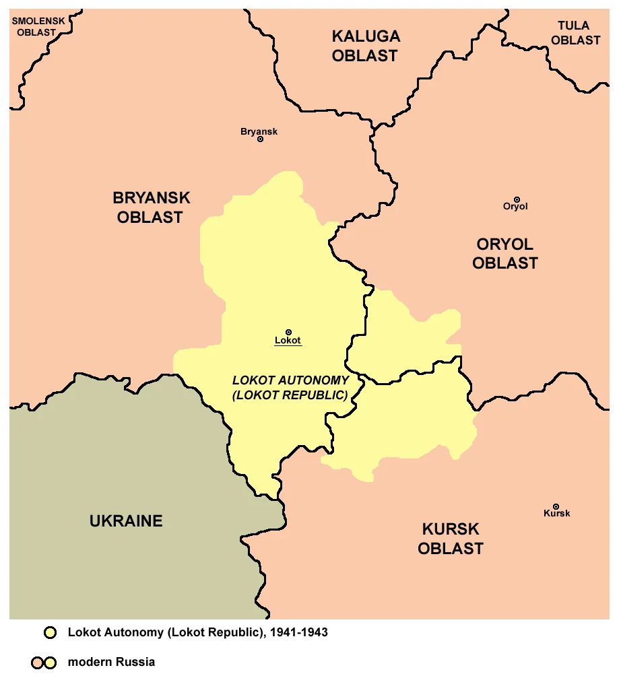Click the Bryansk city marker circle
(x=260, y=139)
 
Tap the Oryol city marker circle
(x=517, y=199)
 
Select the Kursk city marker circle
(x=556, y=506)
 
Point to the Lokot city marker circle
(x=288, y=332)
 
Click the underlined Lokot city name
(x=288, y=341)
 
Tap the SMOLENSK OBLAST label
(x=38, y=26)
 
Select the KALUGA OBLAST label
(x=365, y=46)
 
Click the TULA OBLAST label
(x=575, y=33)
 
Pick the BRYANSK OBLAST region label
(x=151, y=207)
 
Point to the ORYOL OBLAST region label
(x=504, y=253)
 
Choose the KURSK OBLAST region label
(x=450, y=538)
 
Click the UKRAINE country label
(x=126, y=520)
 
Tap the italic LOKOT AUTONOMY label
(x=290, y=388)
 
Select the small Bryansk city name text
(x=259, y=131)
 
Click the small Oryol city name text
(x=515, y=207)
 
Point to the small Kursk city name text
(x=556, y=514)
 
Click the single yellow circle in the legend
(x=50, y=633)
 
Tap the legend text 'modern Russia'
(x=111, y=662)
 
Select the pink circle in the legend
(x=37, y=663)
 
